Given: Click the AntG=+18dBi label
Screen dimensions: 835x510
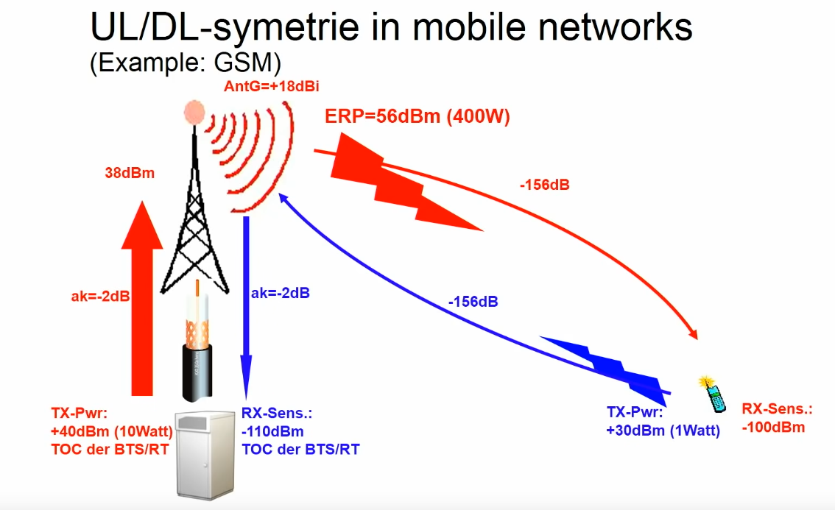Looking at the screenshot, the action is coord(272,86).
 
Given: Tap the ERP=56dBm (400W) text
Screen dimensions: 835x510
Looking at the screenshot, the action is coord(417,116).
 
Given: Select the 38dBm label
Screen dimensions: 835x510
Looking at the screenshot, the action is coord(130,173).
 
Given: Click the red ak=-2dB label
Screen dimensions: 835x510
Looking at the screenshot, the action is coord(101,296).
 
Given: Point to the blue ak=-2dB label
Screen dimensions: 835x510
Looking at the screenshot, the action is coord(280,293).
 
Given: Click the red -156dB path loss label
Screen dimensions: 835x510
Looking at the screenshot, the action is coord(545,185).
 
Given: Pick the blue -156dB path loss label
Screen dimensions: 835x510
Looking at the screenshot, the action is coord(473,302).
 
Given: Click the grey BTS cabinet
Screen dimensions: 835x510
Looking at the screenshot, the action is coord(205,456).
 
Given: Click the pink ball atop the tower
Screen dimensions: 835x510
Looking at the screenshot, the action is coord(194,112).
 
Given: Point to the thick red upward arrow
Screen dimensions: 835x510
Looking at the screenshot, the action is coord(142,298).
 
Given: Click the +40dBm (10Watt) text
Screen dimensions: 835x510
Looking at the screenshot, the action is coord(112,431).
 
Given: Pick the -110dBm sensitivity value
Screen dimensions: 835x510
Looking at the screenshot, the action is coord(272,431).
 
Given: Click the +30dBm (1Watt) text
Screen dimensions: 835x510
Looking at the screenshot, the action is coord(663,430).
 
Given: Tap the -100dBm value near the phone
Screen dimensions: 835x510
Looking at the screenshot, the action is coord(773,428).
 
